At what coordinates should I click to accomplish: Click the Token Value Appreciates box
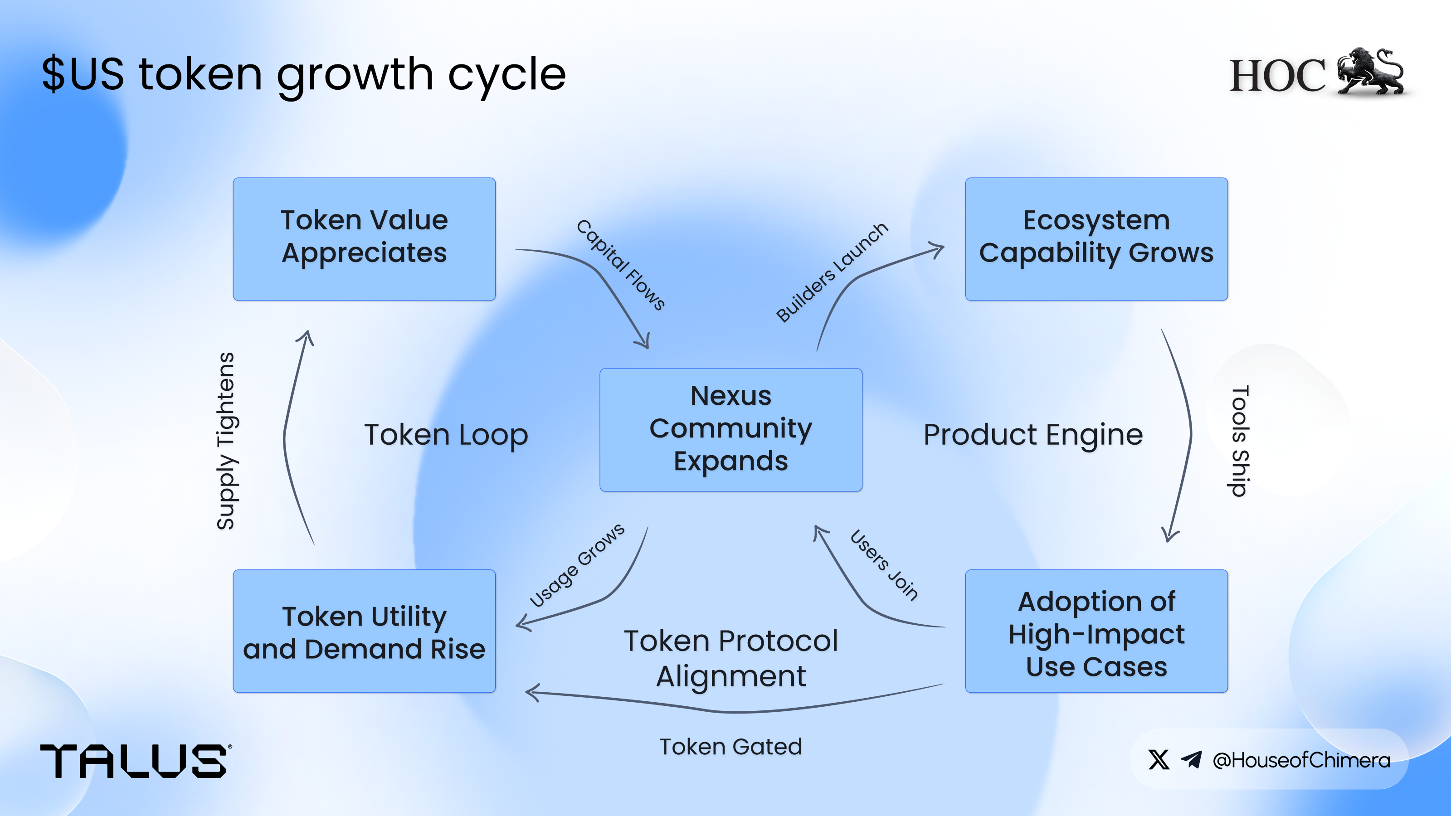[x=364, y=239]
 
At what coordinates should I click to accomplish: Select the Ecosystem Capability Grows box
[x=1096, y=239]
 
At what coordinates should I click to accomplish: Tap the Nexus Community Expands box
[x=730, y=430]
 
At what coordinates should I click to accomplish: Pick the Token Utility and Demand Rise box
[x=364, y=631]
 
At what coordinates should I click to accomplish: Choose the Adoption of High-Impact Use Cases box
[x=1096, y=631]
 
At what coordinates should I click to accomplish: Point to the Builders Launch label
[x=832, y=272]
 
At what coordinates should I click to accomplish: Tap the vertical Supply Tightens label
[x=225, y=441]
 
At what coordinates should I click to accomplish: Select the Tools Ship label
[x=1239, y=441]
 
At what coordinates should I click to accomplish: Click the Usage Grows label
[x=577, y=565]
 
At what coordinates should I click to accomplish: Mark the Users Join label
[x=884, y=565]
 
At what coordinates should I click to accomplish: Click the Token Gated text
[x=730, y=747]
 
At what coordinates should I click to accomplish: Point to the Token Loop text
[x=446, y=435]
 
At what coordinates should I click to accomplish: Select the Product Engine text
[x=1033, y=435]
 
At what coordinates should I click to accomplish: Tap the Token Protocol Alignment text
[x=730, y=658]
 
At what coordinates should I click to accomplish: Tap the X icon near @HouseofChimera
[x=1159, y=760]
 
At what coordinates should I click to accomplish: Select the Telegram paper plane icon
[x=1191, y=760]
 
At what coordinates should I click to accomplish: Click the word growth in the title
[x=355, y=75]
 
